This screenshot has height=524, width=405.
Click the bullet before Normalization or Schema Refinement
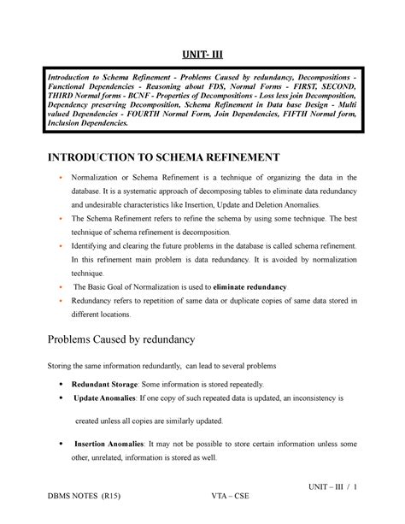tap(62, 176)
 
